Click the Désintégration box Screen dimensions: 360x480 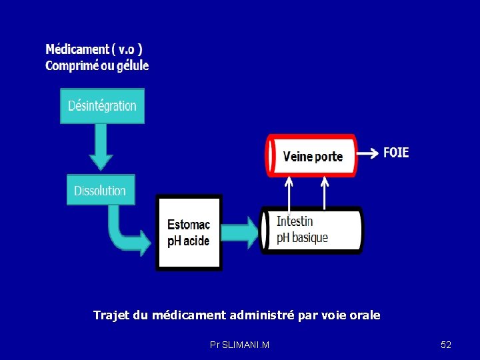(x=102, y=106)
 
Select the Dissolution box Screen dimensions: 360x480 (x=100, y=190)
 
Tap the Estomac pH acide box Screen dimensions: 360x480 (x=189, y=233)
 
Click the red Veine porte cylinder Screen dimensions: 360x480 (x=312, y=155)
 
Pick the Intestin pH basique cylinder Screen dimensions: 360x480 (x=312, y=230)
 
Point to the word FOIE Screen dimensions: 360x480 (x=396, y=153)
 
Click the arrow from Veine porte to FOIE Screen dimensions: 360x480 (x=366, y=153)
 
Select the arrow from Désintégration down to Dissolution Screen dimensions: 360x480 (x=101, y=147)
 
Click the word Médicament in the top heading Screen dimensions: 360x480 (x=77, y=49)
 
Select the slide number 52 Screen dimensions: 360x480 (x=446, y=345)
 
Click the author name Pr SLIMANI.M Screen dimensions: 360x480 (x=239, y=345)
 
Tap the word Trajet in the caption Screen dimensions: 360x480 (x=111, y=315)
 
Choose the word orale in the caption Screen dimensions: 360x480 (x=364, y=315)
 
